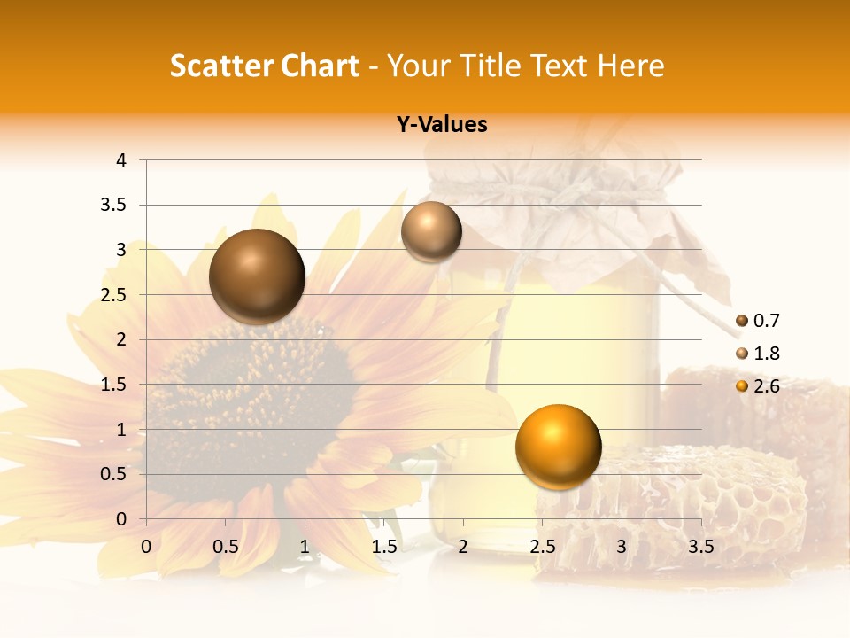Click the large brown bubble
[257, 276]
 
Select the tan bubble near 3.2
[431, 231]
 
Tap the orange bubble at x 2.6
[558, 446]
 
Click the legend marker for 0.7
[742, 321]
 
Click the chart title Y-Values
[442, 125]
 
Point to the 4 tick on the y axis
[121, 160]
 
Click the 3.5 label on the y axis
[114, 206]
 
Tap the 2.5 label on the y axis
[114, 295]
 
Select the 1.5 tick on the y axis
[114, 385]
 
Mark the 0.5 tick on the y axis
[114, 474]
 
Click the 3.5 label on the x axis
[700, 547]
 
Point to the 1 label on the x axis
[305, 547]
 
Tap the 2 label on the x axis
[463, 547]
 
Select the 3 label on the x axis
[622, 547]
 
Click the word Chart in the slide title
[320, 66]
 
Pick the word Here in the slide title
[631, 66]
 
